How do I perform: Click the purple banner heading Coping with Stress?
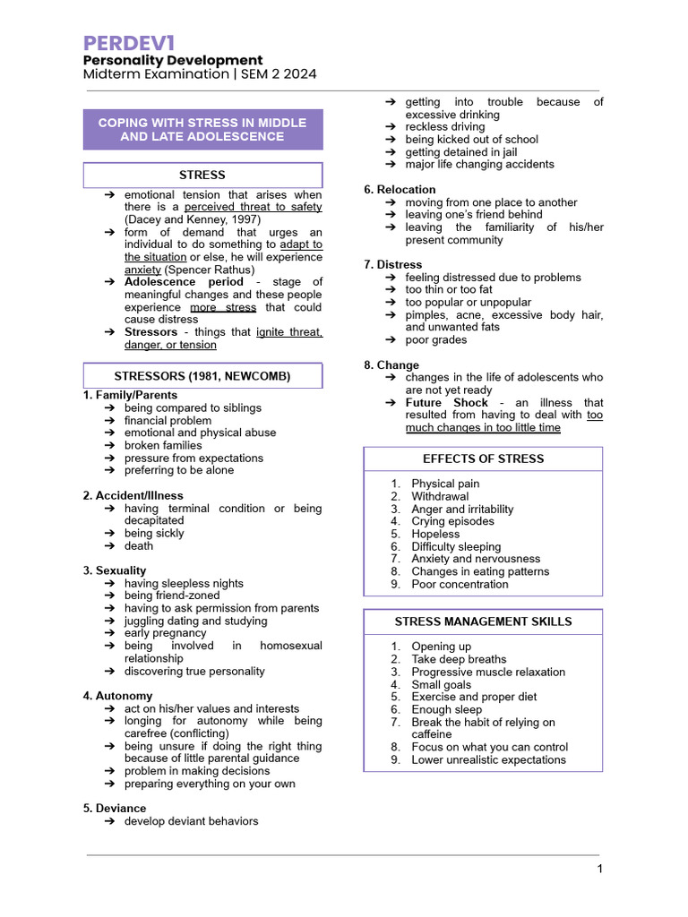202,130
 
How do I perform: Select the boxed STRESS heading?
202,175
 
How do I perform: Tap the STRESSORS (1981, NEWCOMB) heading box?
202,376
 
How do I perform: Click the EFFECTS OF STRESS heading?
483,458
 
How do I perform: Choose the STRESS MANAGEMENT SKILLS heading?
483,621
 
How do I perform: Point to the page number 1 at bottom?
599,870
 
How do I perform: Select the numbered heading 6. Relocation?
400,190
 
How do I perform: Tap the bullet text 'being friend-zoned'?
172,596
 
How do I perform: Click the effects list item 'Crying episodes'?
452,521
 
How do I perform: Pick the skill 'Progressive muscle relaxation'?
488,672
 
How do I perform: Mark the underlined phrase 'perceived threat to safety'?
253,207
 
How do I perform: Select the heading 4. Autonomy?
117,696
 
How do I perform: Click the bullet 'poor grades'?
436,340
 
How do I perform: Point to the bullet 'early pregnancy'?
165,633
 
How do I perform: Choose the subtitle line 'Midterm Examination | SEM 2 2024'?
200,74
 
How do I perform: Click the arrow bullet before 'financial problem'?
108,421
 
